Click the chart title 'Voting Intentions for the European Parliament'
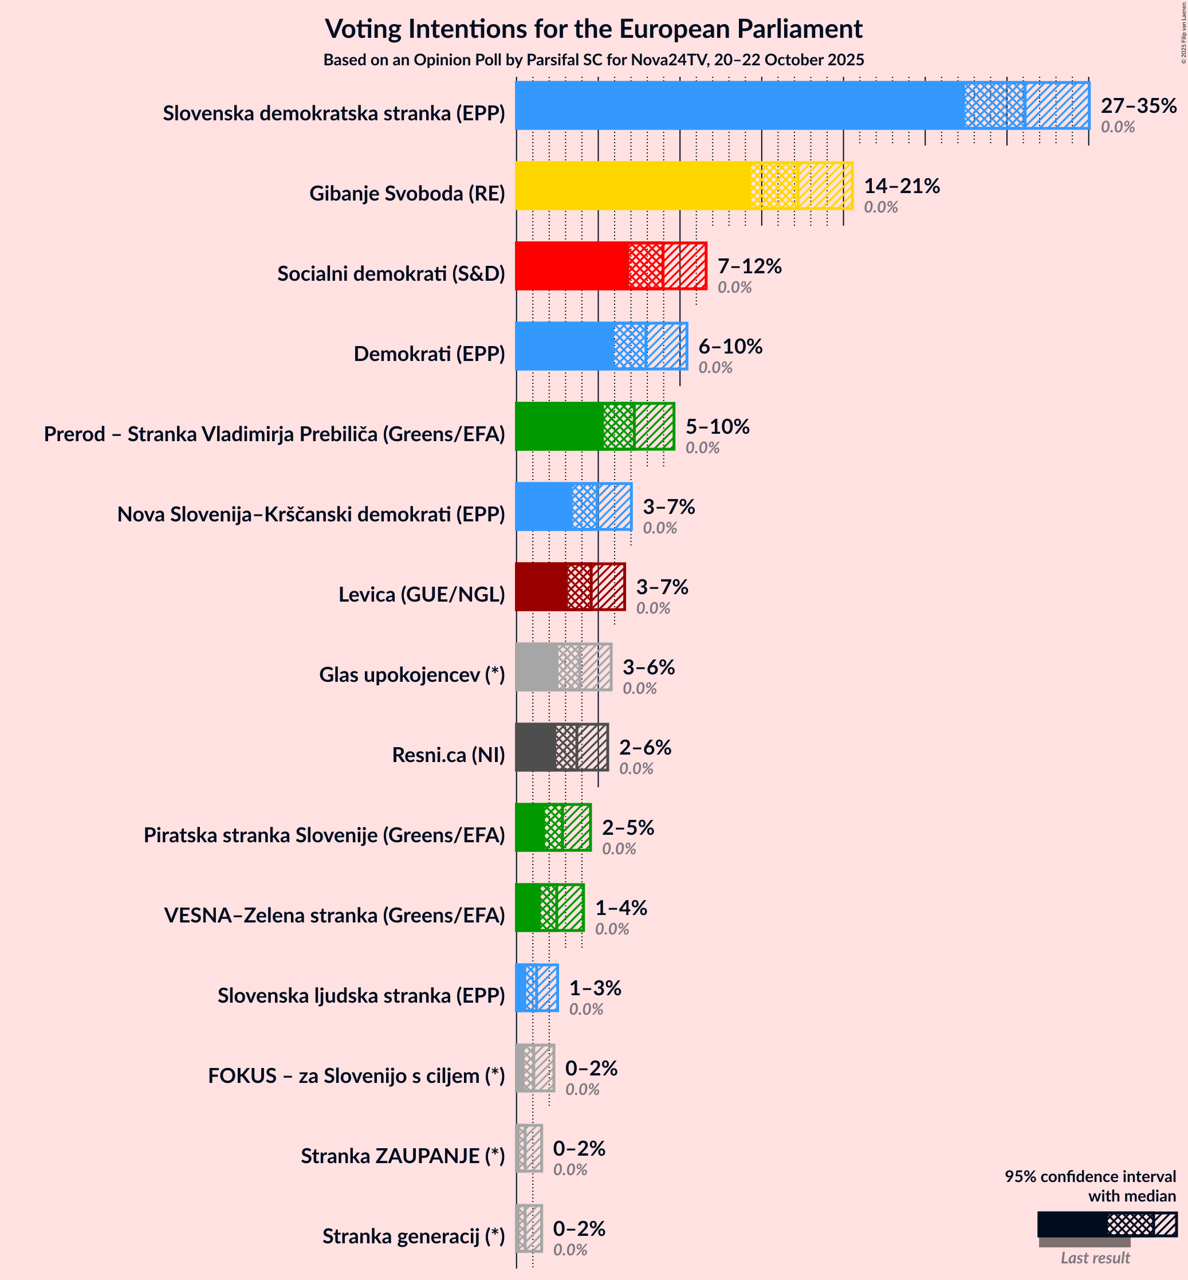tap(593, 29)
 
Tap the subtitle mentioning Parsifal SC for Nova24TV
tap(593, 60)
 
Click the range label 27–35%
tap(1138, 105)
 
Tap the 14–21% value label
tap(901, 186)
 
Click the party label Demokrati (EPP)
tap(429, 354)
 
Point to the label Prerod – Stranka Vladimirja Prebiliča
tap(274, 434)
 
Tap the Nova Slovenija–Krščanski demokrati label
tap(310, 515)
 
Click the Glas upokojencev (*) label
tap(411, 674)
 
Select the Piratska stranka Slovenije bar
tap(553, 827)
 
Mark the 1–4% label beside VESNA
tap(620, 908)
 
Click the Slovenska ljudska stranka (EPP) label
tap(361, 995)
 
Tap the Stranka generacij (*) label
tap(414, 1236)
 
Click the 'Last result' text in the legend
tap(1095, 1258)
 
